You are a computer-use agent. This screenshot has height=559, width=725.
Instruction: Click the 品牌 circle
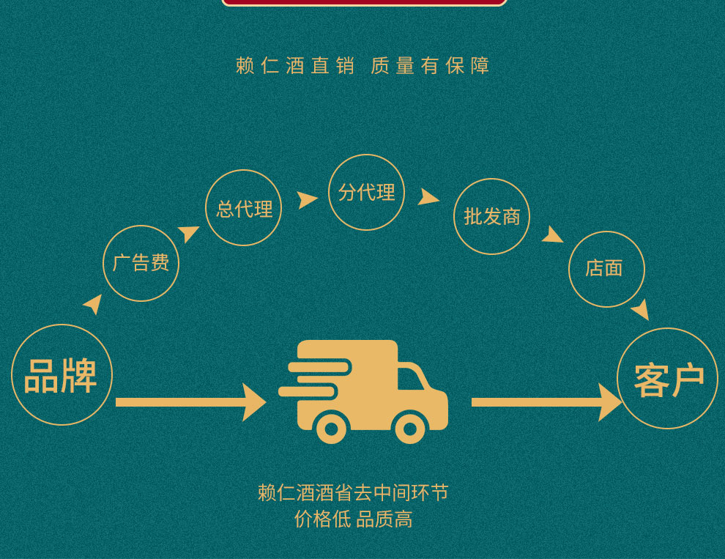pyautogui.click(x=62, y=375)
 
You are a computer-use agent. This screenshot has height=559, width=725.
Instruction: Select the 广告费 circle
pyautogui.click(x=141, y=263)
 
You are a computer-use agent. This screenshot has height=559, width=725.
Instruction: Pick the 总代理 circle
pyautogui.click(x=243, y=208)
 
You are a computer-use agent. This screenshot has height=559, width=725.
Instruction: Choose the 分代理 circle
pyautogui.click(x=366, y=192)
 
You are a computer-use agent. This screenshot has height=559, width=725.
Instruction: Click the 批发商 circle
pyautogui.click(x=491, y=216)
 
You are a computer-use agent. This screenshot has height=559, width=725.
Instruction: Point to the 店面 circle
pyautogui.click(x=606, y=269)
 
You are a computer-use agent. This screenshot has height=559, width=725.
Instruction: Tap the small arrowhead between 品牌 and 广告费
pyautogui.click(x=94, y=303)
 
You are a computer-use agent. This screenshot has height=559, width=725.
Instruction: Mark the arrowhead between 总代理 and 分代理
pyautogui.click(x=307, y=200)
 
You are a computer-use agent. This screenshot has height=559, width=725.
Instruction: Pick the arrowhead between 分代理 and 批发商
pyautogui.click(x=428, y=197)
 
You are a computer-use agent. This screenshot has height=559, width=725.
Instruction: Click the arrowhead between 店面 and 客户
pyautogui.click(x=641, y=309)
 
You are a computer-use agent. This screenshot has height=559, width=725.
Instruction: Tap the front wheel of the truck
pyautogui.click(x=410, y=429)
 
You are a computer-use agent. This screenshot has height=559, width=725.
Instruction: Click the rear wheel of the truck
pyautogui.click(x=330, y=429)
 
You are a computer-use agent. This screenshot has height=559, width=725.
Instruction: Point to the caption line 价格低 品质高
pyautogui.click(x=353, y=519)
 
